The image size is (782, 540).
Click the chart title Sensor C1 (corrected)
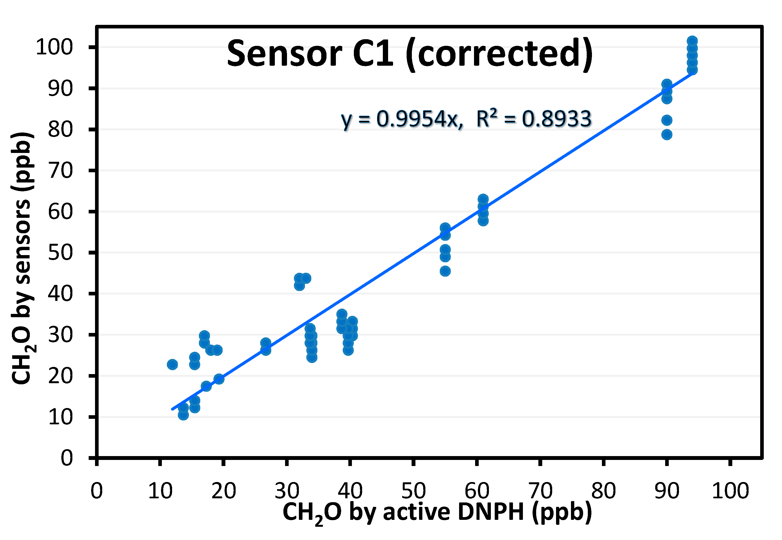click(x=410, y=54)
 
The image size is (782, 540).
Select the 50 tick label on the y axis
click(x=60, y=253)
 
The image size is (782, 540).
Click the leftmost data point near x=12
click(x=172, y=364)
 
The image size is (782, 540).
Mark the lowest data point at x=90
click(x=667, y=135)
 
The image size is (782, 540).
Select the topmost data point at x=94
click(x=692, y=41)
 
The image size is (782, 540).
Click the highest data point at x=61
click(x=483, y=199)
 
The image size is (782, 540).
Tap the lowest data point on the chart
click(x=183, y=415)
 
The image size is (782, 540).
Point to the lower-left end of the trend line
click(x=173, y=409)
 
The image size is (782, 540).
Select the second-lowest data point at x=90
click(x=667, y=120)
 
